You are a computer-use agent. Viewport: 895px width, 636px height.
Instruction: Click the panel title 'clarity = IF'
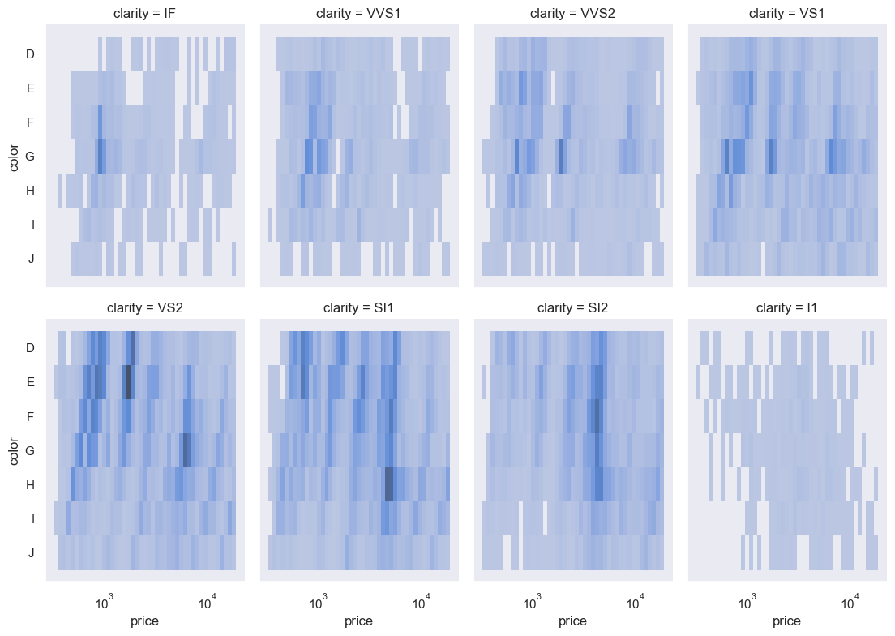coord(146,13)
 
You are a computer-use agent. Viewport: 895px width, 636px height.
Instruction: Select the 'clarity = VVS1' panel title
coord(359,13)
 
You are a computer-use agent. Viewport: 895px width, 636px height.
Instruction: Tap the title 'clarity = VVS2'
coord(573,13)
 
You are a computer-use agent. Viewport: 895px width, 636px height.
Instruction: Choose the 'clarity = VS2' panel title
coord(146,307)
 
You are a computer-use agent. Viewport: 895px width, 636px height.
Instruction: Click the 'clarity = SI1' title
coord(359,307)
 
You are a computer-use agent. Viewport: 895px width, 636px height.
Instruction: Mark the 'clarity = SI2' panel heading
coord(573,307)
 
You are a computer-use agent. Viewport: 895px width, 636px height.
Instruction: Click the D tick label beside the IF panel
coord(30,54)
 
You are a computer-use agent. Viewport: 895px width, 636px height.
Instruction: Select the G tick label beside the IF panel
coord(30,156)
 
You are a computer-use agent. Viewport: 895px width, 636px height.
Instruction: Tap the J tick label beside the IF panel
coord(31,258)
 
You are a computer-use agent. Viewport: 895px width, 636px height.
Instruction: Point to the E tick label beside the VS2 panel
coord(30,382)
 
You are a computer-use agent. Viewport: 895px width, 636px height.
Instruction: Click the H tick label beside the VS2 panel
coord(30,484)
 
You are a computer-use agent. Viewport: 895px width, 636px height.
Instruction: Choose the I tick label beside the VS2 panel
coord(32,518)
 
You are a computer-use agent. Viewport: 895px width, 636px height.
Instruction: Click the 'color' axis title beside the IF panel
coord(13,156)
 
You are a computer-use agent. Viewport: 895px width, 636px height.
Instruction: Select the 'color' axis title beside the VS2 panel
coord(13,450)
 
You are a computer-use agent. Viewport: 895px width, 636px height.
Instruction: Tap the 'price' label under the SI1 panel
coord(359,621)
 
